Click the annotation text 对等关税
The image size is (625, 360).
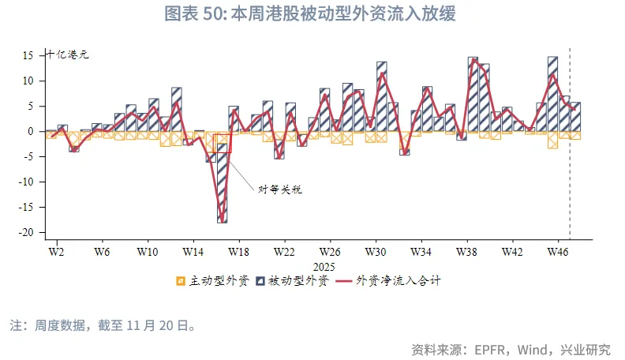pyautogui.click(x=280, y=189)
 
